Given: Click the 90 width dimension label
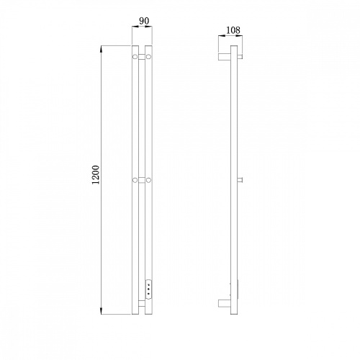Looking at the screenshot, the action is [144, 21].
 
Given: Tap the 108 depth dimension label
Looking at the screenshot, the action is [233, 30].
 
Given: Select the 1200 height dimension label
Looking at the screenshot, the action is [96, 175].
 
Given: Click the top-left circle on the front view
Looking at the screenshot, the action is [135, 57].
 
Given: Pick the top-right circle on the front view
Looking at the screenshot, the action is [148, 57].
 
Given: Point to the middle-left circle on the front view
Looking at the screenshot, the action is [135, 180].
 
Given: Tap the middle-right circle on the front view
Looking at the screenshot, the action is [148, 180].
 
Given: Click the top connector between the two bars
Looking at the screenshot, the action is [142, 57].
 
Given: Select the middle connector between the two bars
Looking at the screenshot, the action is [142, 180].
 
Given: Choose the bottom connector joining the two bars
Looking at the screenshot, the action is [142, 303].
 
